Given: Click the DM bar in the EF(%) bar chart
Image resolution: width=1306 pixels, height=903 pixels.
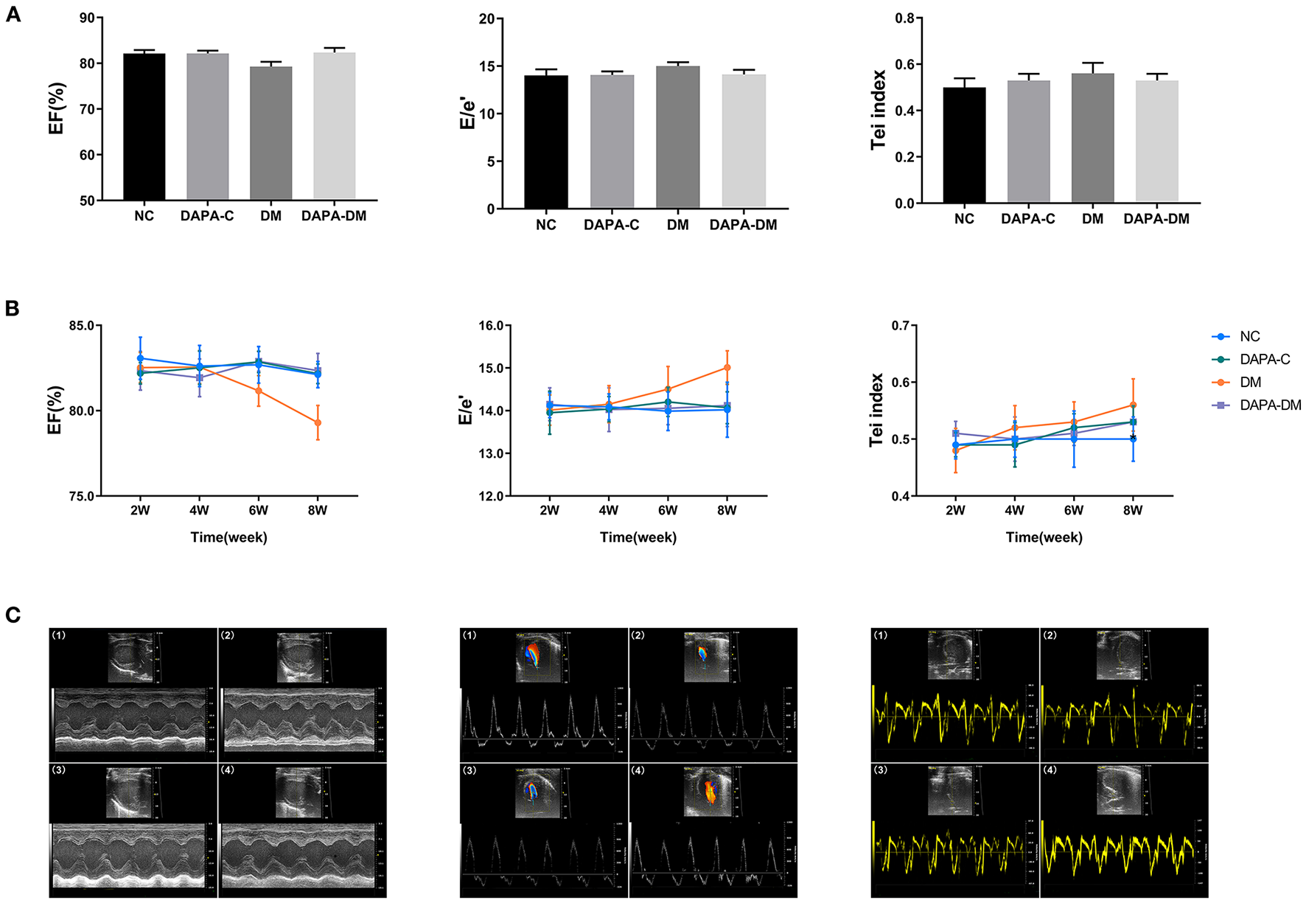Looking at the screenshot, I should point(270,133).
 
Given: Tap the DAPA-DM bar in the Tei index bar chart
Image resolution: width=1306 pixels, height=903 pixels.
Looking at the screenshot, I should point(1156,141).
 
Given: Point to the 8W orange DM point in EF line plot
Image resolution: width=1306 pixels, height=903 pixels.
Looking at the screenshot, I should point(318,422).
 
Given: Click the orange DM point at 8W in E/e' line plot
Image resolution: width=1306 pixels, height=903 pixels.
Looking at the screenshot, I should point(727,367).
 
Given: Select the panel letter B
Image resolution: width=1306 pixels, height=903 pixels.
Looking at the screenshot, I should point(12,309).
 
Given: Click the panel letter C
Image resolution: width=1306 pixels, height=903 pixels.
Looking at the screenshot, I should point(12,616).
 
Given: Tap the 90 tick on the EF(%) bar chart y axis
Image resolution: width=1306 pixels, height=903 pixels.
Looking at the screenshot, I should point(87,18).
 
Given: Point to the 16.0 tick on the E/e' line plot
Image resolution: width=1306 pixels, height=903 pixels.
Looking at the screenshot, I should point(490,326).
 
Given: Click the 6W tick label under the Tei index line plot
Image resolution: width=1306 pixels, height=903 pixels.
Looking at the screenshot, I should point(1073,510).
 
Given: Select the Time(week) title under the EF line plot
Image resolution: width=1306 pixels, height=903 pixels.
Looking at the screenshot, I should point(228,537).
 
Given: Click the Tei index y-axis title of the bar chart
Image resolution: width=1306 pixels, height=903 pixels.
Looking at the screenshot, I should point(878,111).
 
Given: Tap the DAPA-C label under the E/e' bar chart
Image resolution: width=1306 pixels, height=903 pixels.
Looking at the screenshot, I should point(611,225).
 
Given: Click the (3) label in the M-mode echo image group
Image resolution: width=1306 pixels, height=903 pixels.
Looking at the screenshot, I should point(59,770).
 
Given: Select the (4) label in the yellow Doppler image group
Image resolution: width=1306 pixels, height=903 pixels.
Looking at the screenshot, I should point(1050,770).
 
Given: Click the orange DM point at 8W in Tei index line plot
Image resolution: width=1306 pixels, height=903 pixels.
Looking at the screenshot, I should point(1133,405).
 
